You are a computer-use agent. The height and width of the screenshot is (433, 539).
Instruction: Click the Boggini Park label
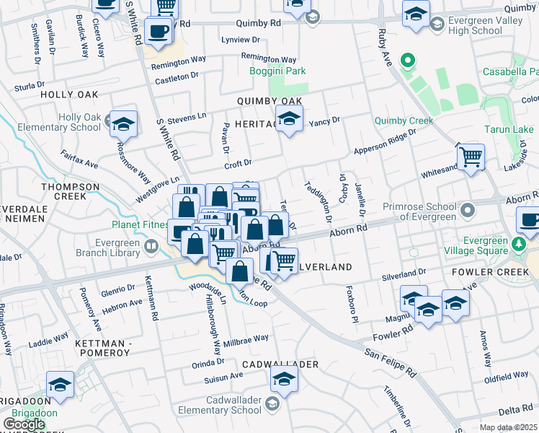[277, 71]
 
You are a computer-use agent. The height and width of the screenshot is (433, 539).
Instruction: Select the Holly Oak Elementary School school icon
[123, 123]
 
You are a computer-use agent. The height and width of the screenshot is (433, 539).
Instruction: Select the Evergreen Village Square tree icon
[518, 245]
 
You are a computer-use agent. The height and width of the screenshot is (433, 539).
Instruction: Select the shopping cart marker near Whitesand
[471, 156]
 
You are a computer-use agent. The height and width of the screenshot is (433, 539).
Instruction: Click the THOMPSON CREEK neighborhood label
[70, 191]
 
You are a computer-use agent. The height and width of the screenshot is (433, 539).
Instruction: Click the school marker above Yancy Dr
[289, 118]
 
